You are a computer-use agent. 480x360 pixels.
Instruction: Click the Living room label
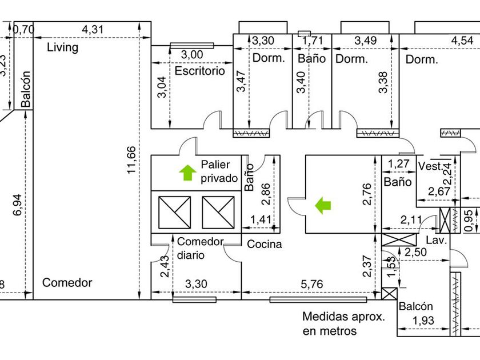coord(63,47)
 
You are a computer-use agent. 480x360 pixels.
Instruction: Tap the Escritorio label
coord(200,71)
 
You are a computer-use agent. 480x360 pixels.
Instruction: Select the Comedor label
coord(67,282)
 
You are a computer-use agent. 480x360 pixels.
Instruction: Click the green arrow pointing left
coord(323,205)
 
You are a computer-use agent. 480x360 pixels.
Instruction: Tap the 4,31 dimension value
coord(94,29)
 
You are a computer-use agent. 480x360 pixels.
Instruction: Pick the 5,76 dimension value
coord(311,283)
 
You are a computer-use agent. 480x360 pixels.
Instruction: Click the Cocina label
coord(264,244)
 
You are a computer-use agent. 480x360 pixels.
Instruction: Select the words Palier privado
coord(218,171)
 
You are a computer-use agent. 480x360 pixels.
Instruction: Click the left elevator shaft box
coord(174,212)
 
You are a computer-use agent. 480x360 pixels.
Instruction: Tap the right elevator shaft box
coord(218,212)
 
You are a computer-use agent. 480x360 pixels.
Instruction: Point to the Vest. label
coord(429,166)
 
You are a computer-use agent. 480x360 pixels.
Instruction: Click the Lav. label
coord(436,241)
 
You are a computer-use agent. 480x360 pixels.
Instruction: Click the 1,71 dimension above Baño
coord(313,41)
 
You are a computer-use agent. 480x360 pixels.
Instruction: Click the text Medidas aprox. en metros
coord(343,323)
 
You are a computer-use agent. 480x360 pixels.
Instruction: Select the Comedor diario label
coord(200,248)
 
